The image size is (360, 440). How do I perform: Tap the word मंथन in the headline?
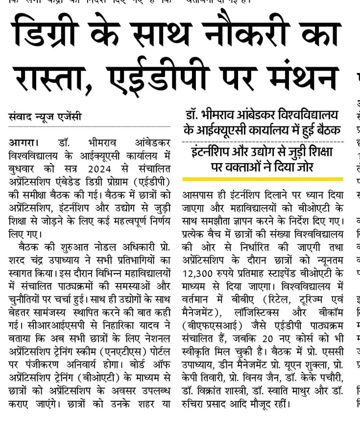(x=298, y=78)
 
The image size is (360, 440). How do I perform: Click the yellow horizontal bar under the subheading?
(x=262, y=179)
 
